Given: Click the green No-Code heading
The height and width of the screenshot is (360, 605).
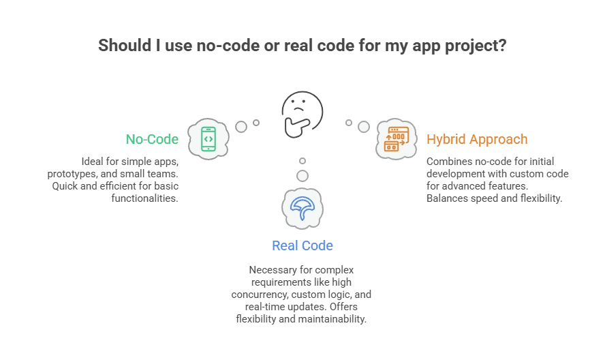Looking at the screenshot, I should (152, 139).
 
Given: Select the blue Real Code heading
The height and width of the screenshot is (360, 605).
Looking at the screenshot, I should (302, 245).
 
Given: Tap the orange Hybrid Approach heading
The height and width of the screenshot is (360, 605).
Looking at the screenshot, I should (477, 139).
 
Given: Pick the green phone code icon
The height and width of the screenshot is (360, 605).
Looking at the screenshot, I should (208, 139).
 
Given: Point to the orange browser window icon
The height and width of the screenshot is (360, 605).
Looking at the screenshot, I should (397, 140).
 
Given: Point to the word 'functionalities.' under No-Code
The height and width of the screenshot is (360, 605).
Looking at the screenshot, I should (145, 198).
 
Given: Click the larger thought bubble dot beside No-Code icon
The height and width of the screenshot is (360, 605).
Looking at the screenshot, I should (241, 126).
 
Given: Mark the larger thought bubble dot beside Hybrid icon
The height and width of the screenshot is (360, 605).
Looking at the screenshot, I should (364, 126).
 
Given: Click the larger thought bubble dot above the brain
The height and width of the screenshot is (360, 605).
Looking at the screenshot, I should (302, 175).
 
